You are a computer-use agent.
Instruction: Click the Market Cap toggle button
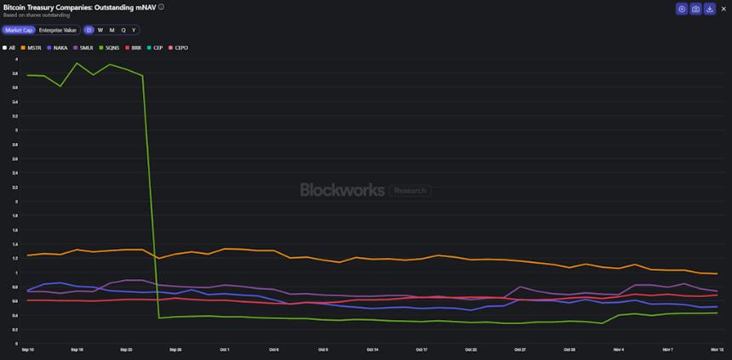click(x=18, y=30)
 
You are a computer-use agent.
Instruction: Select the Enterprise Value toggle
click(x=58, y=30)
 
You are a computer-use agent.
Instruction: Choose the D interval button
click(x=89, y=30)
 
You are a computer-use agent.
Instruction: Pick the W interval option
click(x=100, y=30)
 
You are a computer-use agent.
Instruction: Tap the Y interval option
click(x=134, y=30)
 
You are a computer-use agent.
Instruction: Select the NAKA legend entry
click(x=58, y=48)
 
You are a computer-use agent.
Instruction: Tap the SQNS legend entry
click(x=110, y=48)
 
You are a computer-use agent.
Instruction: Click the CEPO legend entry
click(x=179, y=48)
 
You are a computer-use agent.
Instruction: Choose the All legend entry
click(x=9, y=48)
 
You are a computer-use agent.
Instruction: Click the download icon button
click(x=710, y=9)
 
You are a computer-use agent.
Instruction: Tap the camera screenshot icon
click(x=695, y=9)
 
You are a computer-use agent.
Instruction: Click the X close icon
click(x=723, y=9)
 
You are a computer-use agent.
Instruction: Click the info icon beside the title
click(x=162, y=7)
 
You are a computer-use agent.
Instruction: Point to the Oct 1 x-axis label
click(x=225, y=349)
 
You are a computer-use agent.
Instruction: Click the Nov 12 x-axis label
click(x=718, y=349)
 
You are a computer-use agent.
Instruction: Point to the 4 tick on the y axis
click(x=16, y=59)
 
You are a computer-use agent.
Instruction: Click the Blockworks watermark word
click(x=342, y=190)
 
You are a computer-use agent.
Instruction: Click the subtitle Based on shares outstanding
click(x=37, y=15)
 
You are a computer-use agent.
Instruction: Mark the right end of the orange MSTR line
click(x=718, y=273)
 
